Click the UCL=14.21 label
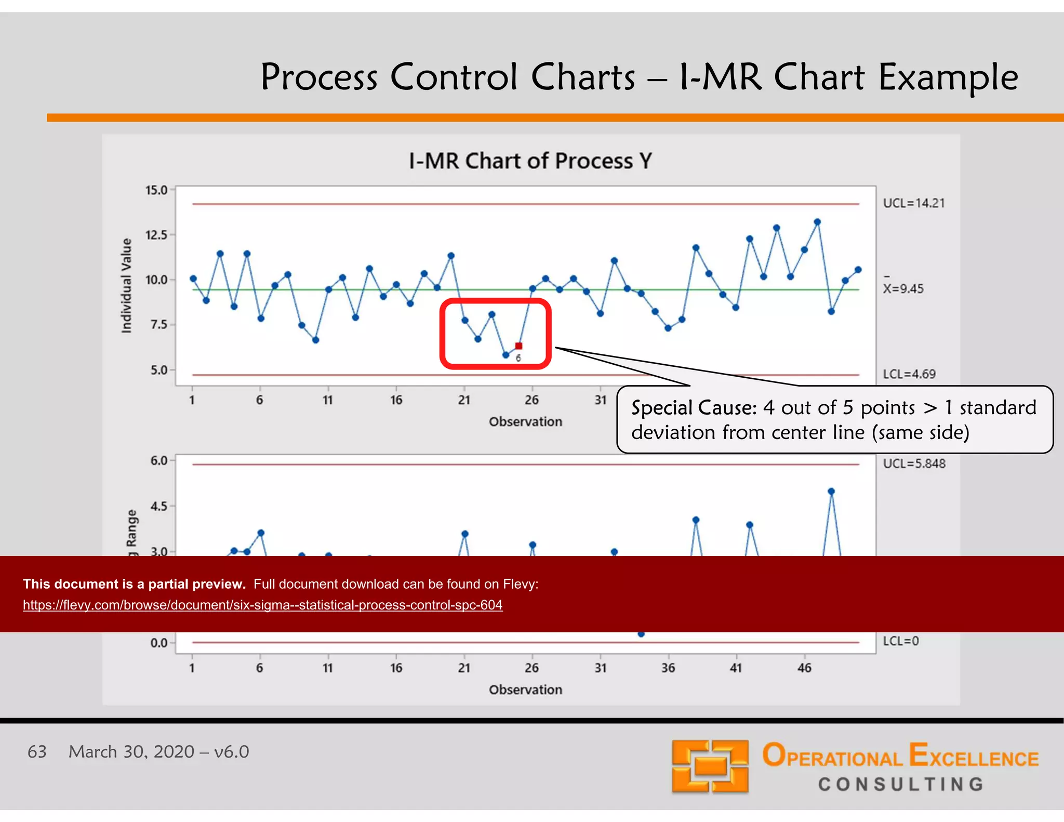click(x=913, y=203)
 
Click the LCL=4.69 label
click(x=909, y=374)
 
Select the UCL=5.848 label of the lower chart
click(x=914, y=463)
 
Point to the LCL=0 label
click(x=901, y=641)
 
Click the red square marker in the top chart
click(x=518, y=346)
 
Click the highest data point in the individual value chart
click(x=817, y=222)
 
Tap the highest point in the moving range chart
click(x=831, y=491)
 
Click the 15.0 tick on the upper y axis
click(x=156, y=190)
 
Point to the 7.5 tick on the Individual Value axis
click(x=158, y=325)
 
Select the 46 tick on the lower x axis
click(x=804, y=668)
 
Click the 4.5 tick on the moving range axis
click(x=158, y=506)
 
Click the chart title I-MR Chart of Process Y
click(x=530, y=161)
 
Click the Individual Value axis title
click(x=126, y=285)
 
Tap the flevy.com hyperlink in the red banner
click(x=262, y=605)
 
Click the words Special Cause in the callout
click(x=693, y=408)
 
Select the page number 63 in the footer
click(x=37, y=751)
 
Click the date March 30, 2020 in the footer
click(x=131, y=751)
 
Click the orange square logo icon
click(x=710, y=766)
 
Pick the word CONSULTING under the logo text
click(x=901, y=784)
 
